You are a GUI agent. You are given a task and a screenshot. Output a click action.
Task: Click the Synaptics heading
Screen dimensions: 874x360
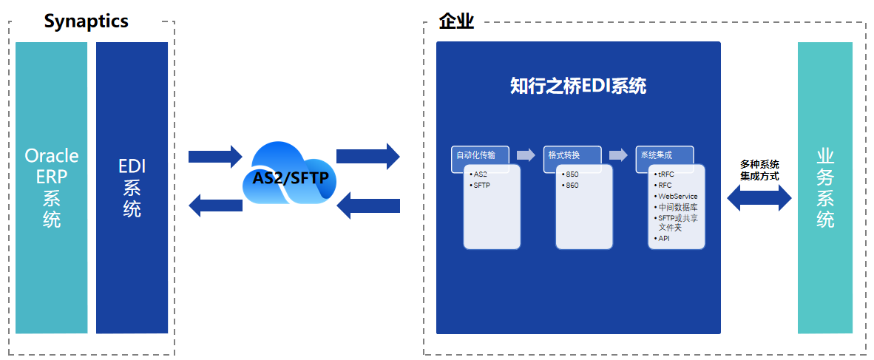(87, 21)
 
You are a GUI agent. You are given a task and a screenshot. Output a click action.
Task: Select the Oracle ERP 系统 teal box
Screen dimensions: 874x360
(51, 188)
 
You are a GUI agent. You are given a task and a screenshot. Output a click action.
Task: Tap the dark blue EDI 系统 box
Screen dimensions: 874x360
(132, 188)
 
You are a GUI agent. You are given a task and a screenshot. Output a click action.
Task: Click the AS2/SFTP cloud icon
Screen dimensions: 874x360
(289, 175)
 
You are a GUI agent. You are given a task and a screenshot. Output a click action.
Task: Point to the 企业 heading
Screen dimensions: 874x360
(456, 22)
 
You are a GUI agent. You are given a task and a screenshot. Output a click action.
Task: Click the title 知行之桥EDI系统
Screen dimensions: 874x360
(578, 87)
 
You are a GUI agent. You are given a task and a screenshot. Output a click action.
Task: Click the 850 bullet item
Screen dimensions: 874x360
(570, 174)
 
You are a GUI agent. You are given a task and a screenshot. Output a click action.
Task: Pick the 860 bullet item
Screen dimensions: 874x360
(570, 185)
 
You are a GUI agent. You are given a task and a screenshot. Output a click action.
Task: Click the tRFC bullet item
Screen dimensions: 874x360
(664, 174)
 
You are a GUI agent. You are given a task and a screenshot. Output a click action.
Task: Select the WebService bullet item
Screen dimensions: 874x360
(676, 196)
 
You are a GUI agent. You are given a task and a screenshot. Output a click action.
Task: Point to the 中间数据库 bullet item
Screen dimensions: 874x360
(676, 207)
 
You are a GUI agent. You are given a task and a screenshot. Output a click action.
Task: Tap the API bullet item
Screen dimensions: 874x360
(662, 239)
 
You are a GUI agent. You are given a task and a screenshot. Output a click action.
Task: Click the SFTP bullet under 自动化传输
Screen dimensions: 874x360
(480, 185)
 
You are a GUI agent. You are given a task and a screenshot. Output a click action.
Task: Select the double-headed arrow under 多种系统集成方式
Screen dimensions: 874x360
(759, 197)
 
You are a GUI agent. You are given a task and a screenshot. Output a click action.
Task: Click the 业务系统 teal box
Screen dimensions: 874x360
(825, 188)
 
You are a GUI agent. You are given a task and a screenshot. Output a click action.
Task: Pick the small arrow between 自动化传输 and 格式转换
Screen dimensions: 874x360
(526, 155)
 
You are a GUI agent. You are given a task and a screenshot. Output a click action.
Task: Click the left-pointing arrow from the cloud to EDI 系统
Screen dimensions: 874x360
(216, 205)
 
